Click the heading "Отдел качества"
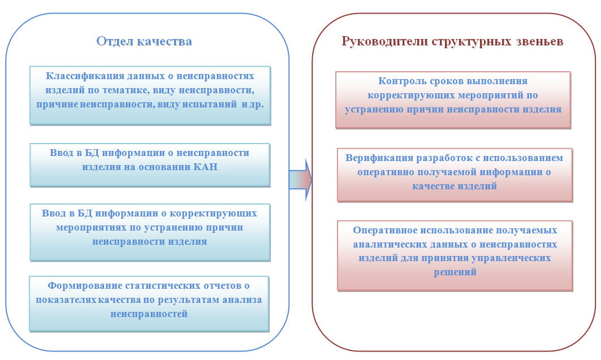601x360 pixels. [x=144, y=41]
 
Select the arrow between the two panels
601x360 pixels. [x=301, y=179]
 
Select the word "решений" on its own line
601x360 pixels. [x=455, y=272]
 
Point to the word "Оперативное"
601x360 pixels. [x=385, y=230]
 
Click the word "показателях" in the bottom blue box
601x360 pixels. [x=66, y=300]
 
